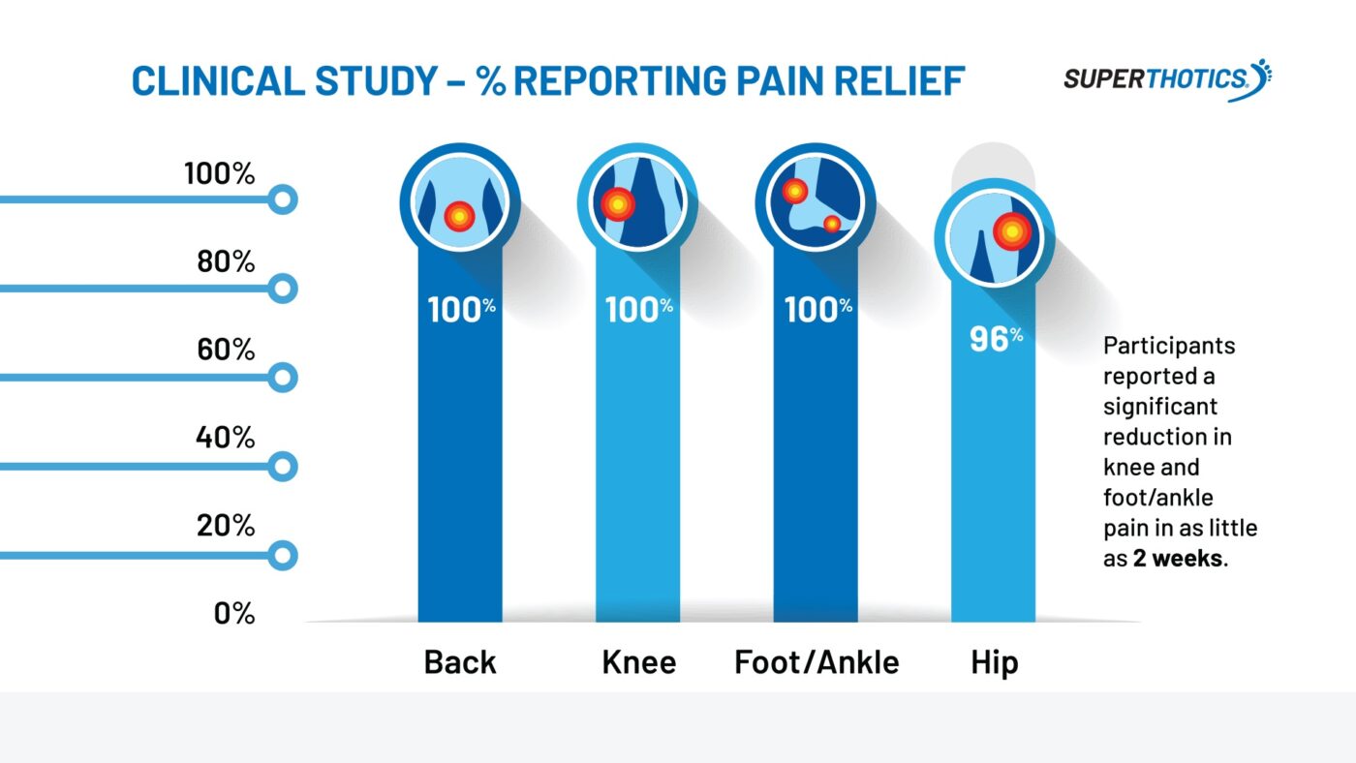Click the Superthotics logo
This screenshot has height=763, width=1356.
(x=1167, y=78)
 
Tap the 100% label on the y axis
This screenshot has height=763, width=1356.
(x=219, y=174)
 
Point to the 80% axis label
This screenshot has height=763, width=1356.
(x=224, y=261)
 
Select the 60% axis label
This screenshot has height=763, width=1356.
(x=225, y=350)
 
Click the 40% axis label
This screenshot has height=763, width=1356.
(x=225, y=438)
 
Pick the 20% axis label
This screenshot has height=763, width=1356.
(x=225, y=526)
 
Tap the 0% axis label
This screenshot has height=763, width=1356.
(x=233, y=614)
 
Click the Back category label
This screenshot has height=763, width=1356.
(x=460, y=663)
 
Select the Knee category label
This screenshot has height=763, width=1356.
(x=638, y=663)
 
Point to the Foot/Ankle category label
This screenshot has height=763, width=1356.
(x=817, y=663)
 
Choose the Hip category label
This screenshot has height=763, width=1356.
(x=995, y=663)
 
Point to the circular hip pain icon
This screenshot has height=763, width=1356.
(x=994, y=236)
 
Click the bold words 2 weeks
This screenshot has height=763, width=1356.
(x=1177, y=559)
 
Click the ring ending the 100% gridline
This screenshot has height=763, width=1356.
(x=282, y=200)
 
